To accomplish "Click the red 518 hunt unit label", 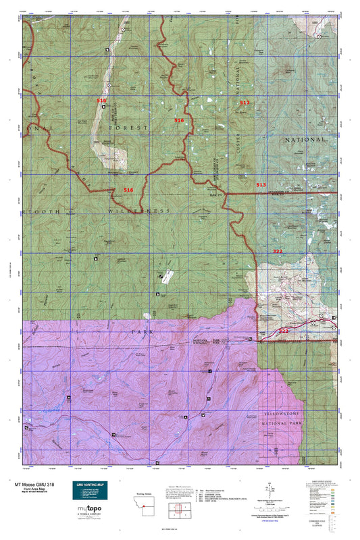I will click(x=101, y=100).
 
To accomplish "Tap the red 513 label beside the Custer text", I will click(x=245, y=102).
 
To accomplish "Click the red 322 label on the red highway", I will click(x=284, y=331).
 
